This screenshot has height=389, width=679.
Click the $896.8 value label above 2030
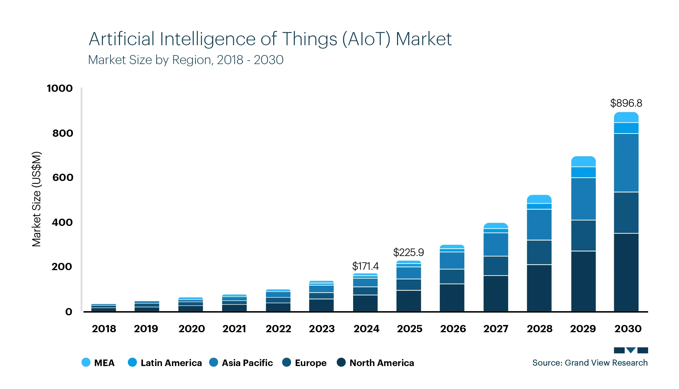[x=626, y=103]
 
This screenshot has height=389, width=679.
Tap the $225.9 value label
[x=408, y=252]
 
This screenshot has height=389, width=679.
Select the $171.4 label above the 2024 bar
[x=365, y=266]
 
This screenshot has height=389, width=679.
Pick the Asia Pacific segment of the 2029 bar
[x=583, y=199]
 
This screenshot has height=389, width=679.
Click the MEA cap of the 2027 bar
[x=496, y=226]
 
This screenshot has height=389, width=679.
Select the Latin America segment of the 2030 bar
[x=626, y=128]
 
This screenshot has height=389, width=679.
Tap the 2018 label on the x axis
[x=104, y=329]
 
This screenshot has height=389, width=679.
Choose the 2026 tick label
[x=453, y=329]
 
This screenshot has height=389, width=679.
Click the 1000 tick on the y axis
[x=60, y=88]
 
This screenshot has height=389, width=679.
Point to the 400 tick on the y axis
[x=62, y=222]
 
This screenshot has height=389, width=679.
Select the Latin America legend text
[x=171, y=363]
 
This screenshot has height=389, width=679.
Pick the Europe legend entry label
[x=311, y=363]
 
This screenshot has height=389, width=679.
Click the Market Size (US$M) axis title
[x=36, y=199]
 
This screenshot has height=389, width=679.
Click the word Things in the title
[x=309, y=39]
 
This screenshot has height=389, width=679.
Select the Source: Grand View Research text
[x=590, y=363]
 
